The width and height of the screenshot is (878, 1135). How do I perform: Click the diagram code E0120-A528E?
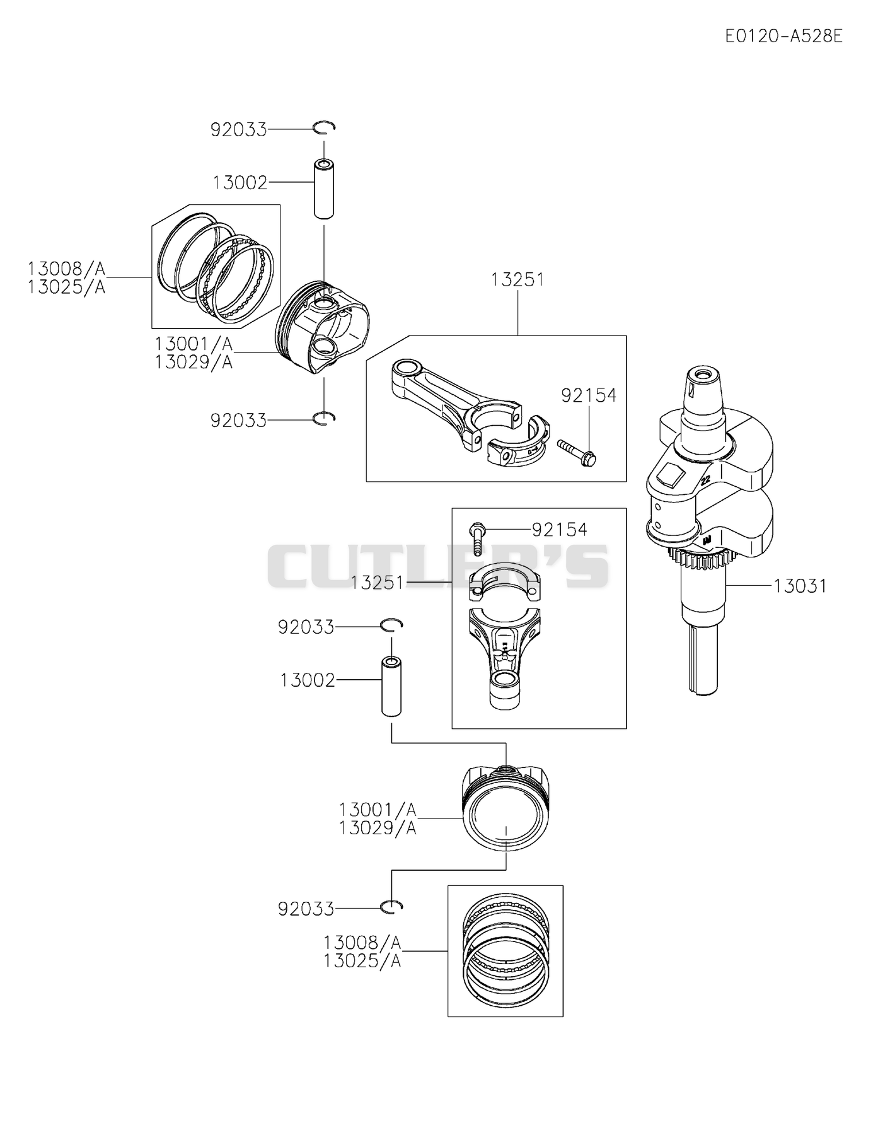(x=783, y=36)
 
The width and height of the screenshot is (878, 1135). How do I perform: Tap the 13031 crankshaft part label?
(x=800, y=586)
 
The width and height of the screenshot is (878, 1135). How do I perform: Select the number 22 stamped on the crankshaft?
(x=705, y=481)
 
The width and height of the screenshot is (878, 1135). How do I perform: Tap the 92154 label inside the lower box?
(x=560, y=530)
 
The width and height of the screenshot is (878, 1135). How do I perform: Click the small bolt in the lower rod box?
(x=477, y=538)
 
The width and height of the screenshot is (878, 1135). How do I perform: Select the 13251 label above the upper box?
(x=517, y=279)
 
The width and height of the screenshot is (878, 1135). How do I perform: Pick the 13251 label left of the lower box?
(x=377, y=583)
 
